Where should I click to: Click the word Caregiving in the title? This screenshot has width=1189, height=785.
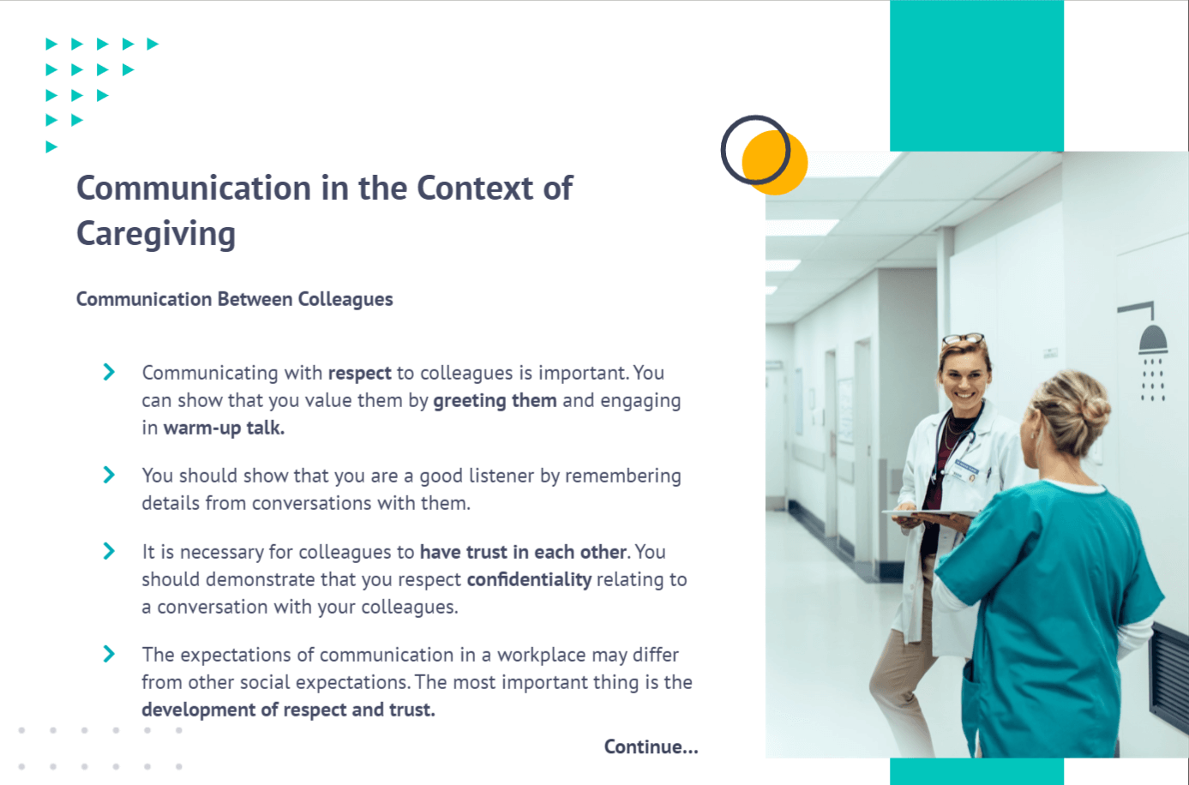coord(156,234)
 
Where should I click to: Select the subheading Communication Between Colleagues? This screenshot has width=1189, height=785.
coord(235,299)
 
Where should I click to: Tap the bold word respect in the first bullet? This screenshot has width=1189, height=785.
coord(359,373)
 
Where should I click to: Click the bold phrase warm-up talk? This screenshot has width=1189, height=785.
coord(224,428)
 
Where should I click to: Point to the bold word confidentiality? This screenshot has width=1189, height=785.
coord(529,579)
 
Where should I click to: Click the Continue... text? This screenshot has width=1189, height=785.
coord(652,746)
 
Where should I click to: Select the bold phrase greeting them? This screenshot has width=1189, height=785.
coord(495,401)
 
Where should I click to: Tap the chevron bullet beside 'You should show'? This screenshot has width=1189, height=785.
coord(109,475)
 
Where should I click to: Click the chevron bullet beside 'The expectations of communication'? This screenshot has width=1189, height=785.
coord(109,654)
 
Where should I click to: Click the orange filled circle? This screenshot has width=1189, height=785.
coord(776,163)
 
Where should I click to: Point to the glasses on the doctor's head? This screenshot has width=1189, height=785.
coord(964,339)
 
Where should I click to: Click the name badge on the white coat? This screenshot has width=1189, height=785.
coord(966,469)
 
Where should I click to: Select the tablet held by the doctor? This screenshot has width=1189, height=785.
coord(930,514)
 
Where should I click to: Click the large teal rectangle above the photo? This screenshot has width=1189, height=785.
coord(976,75)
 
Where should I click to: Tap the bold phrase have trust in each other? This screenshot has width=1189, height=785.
coord(524,552)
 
